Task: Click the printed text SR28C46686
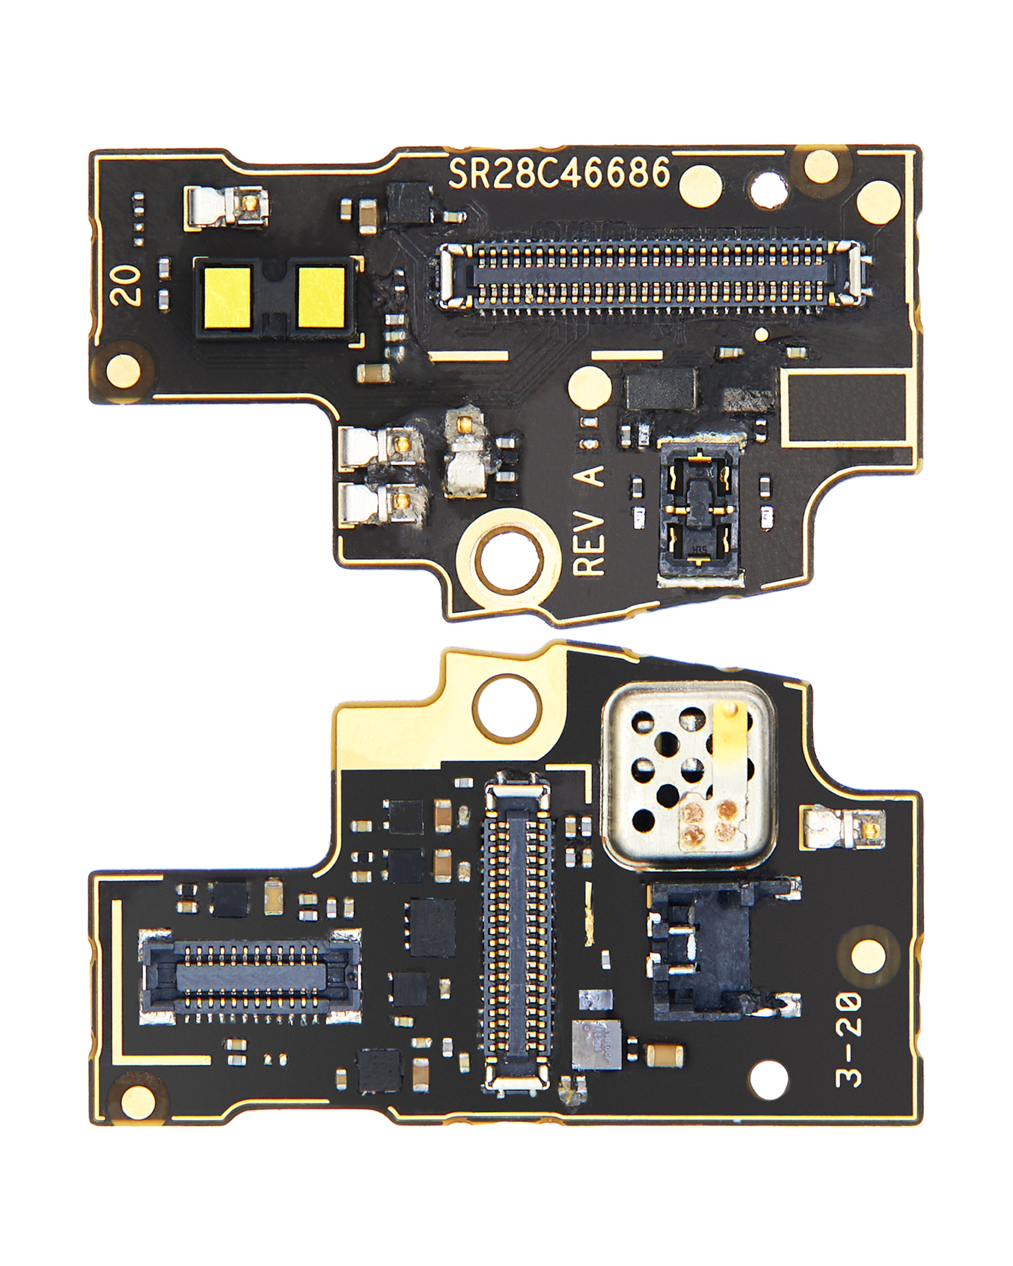tap(559, 173)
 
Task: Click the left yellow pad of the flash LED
tap(228, 299)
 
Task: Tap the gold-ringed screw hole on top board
tap(509, 562)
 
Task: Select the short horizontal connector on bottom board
tap(251, 975)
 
